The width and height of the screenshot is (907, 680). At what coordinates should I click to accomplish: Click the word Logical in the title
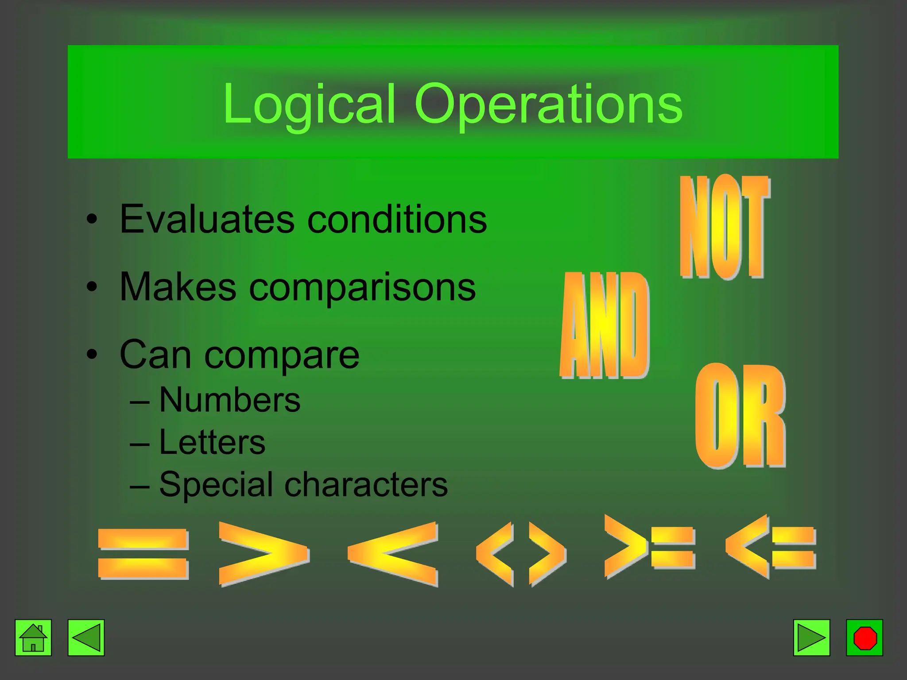[x=309, y=105]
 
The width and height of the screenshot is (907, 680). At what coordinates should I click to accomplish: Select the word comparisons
[x=362, y=288]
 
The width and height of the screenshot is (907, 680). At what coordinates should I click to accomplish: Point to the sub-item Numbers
[x=229, y=400]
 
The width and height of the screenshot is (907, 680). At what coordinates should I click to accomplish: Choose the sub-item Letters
[x=212, y=442]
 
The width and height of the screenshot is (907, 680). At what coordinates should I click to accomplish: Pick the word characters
[x=366, y=484]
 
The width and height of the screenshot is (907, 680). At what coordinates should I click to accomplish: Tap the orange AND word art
[x=605, y=325]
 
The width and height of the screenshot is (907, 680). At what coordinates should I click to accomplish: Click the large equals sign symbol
[x=143, y=553]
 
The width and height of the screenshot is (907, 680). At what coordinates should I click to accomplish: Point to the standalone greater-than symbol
[x=263, y=553]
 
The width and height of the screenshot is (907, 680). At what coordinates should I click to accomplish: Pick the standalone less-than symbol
[x=393, y=553]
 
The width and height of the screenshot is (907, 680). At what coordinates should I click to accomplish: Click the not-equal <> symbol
[x=521, y=553]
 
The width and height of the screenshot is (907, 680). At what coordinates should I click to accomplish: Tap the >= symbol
[x=649, y=547]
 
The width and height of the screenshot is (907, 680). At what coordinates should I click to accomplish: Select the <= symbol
[x=771, y=547]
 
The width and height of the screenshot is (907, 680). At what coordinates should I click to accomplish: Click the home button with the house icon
[x=33, y=637]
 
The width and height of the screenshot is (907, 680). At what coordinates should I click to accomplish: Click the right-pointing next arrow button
[x=811, y=637]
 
